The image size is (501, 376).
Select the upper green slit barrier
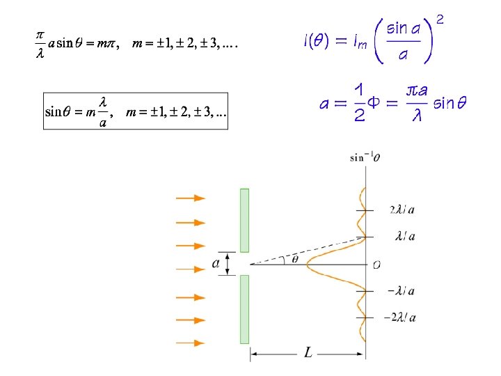[x=244, y=219]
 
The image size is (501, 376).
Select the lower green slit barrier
[x=244, y=309]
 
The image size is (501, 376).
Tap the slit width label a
[x=216, y=263]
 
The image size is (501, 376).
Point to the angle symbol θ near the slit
[x=294, y=258]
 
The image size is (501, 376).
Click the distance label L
[x=308, y=354]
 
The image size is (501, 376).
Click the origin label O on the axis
[x=376, y=264]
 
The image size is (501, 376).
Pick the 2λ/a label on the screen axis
[x=404, y=210]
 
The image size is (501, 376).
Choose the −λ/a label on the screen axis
[x=401, y=291]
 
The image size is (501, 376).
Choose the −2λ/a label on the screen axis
[x=400, y=318]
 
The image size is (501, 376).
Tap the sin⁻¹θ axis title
[x=365, y=157]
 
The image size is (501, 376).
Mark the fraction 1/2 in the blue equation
[x=359, y=103]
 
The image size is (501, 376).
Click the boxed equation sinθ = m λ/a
[x=135, y=111]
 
